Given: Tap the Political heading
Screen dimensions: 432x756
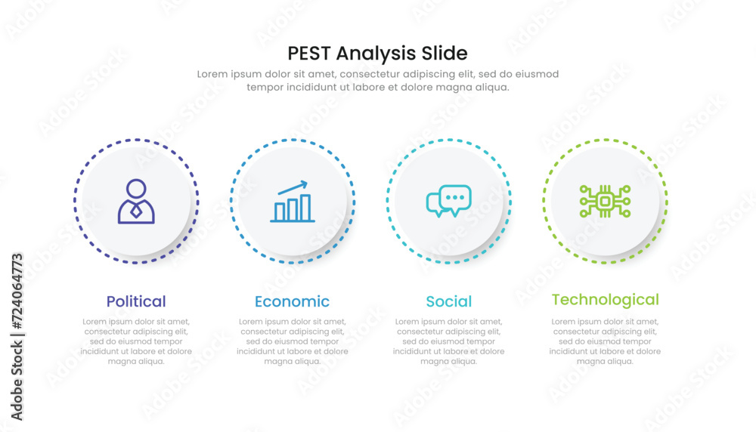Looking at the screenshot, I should pos(136,301).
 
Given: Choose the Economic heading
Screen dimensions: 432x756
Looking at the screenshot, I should pos(292,301).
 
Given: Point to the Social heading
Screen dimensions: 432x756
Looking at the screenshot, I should pos(448,301).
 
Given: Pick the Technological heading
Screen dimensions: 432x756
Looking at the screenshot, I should pos(605,300).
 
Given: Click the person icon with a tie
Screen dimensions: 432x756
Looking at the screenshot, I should pos(136,201).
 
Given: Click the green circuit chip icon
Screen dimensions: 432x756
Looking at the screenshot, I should pos(605,202).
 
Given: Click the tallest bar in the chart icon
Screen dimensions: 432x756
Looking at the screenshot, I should pos(305,208).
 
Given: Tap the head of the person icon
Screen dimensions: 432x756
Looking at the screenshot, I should pos(136,188).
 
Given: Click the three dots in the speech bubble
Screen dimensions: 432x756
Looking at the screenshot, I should pos(454,197).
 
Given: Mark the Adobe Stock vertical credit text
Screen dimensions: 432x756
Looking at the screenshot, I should pos(17,336).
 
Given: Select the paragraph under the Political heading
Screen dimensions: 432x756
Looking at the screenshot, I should pos(136,341).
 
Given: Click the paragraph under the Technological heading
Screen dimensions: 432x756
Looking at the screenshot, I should pos(605,341).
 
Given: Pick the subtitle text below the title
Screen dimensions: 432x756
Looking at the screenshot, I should pos(378,80).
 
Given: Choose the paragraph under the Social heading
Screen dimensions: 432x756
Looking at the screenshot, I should pos(448,341).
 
